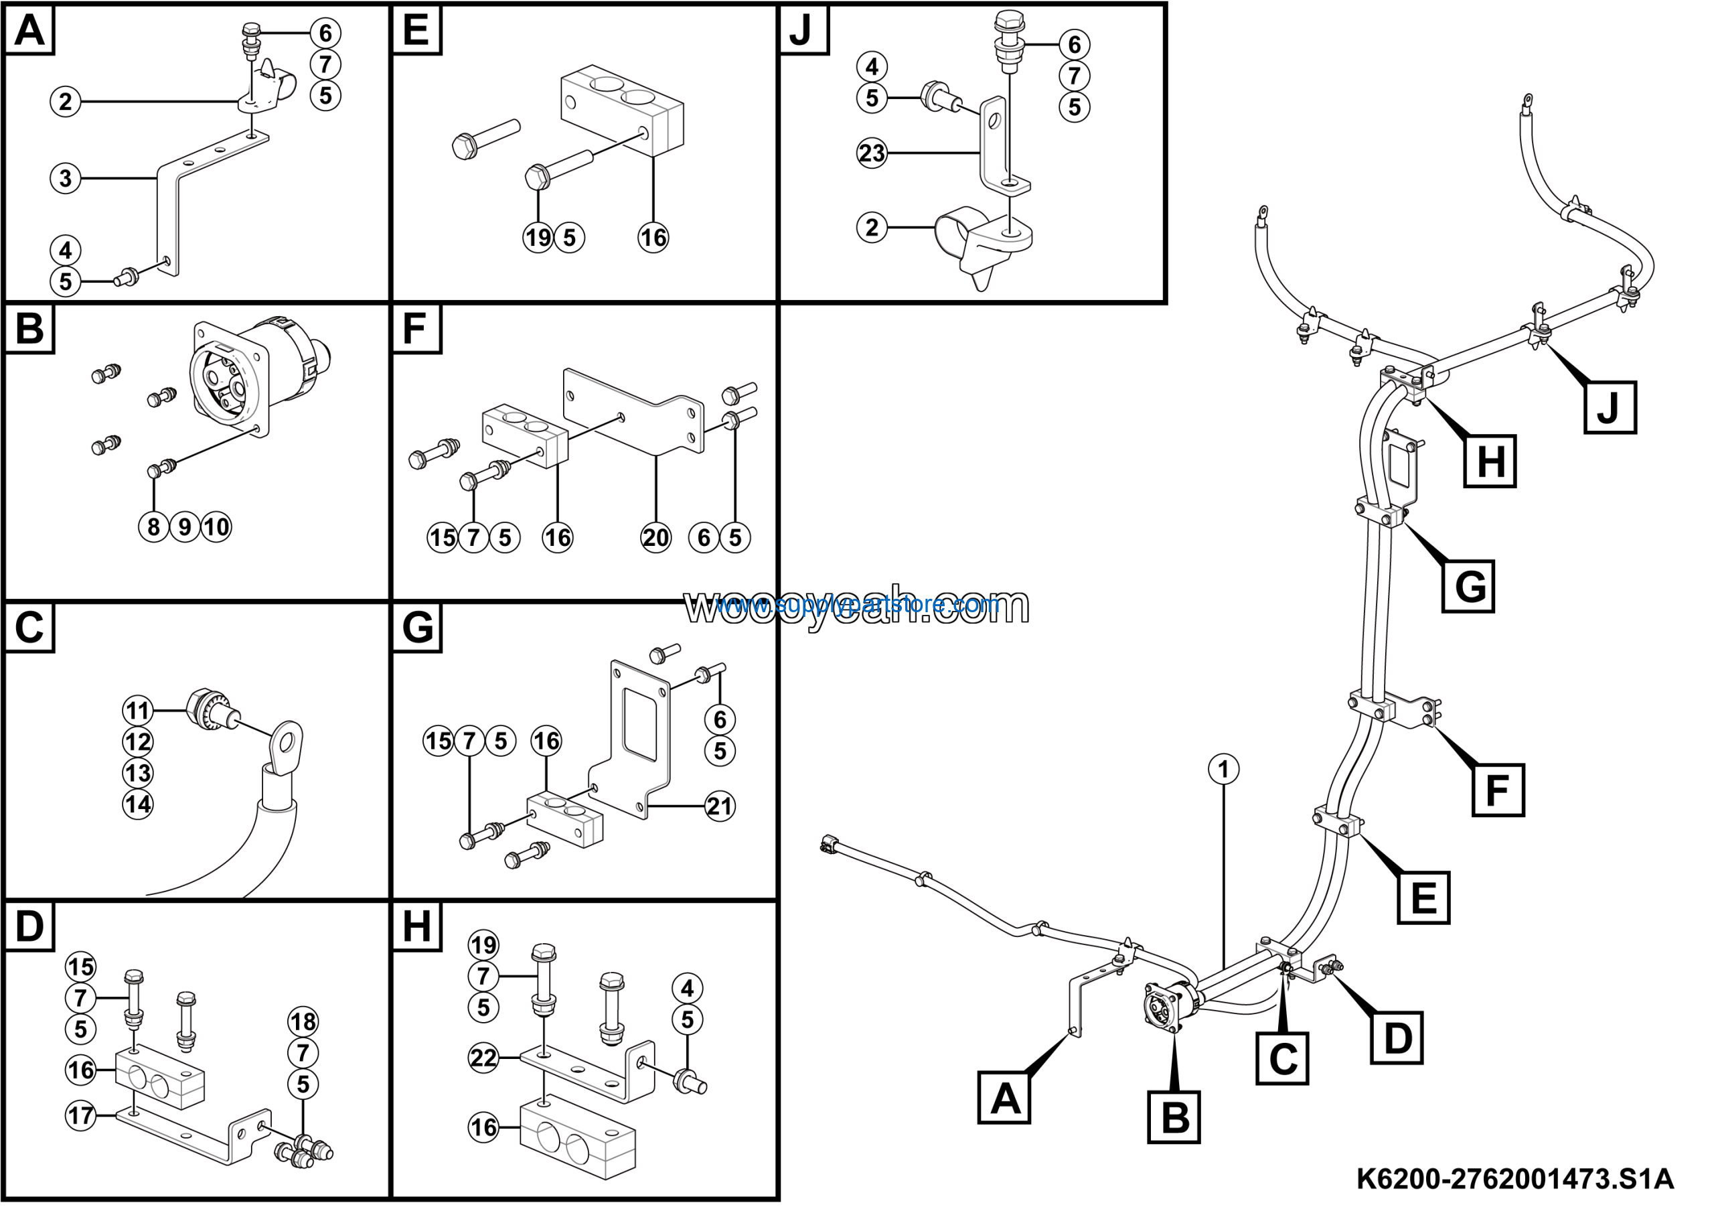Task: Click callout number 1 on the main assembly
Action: click(x=1223, y=769)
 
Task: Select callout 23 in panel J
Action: click(x=871, y=153)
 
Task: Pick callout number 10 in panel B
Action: click(x=216, y=527)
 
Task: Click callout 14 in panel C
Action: click(x=138, y=804)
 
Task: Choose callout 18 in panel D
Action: click(x=303, y=1021)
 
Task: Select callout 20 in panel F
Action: click(x=655, y=538)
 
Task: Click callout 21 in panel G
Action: click(x=720, y=806)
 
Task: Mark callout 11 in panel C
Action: click(x=138, y=710)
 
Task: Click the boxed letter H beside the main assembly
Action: click(x=1490, y=461)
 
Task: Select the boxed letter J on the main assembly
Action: click(x=1610, y=408)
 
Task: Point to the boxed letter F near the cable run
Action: click(x=1498, y=790)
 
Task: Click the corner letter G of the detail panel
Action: click(x=417, y=627)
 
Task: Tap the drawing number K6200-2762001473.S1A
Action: click(x=1514, y=1180)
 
